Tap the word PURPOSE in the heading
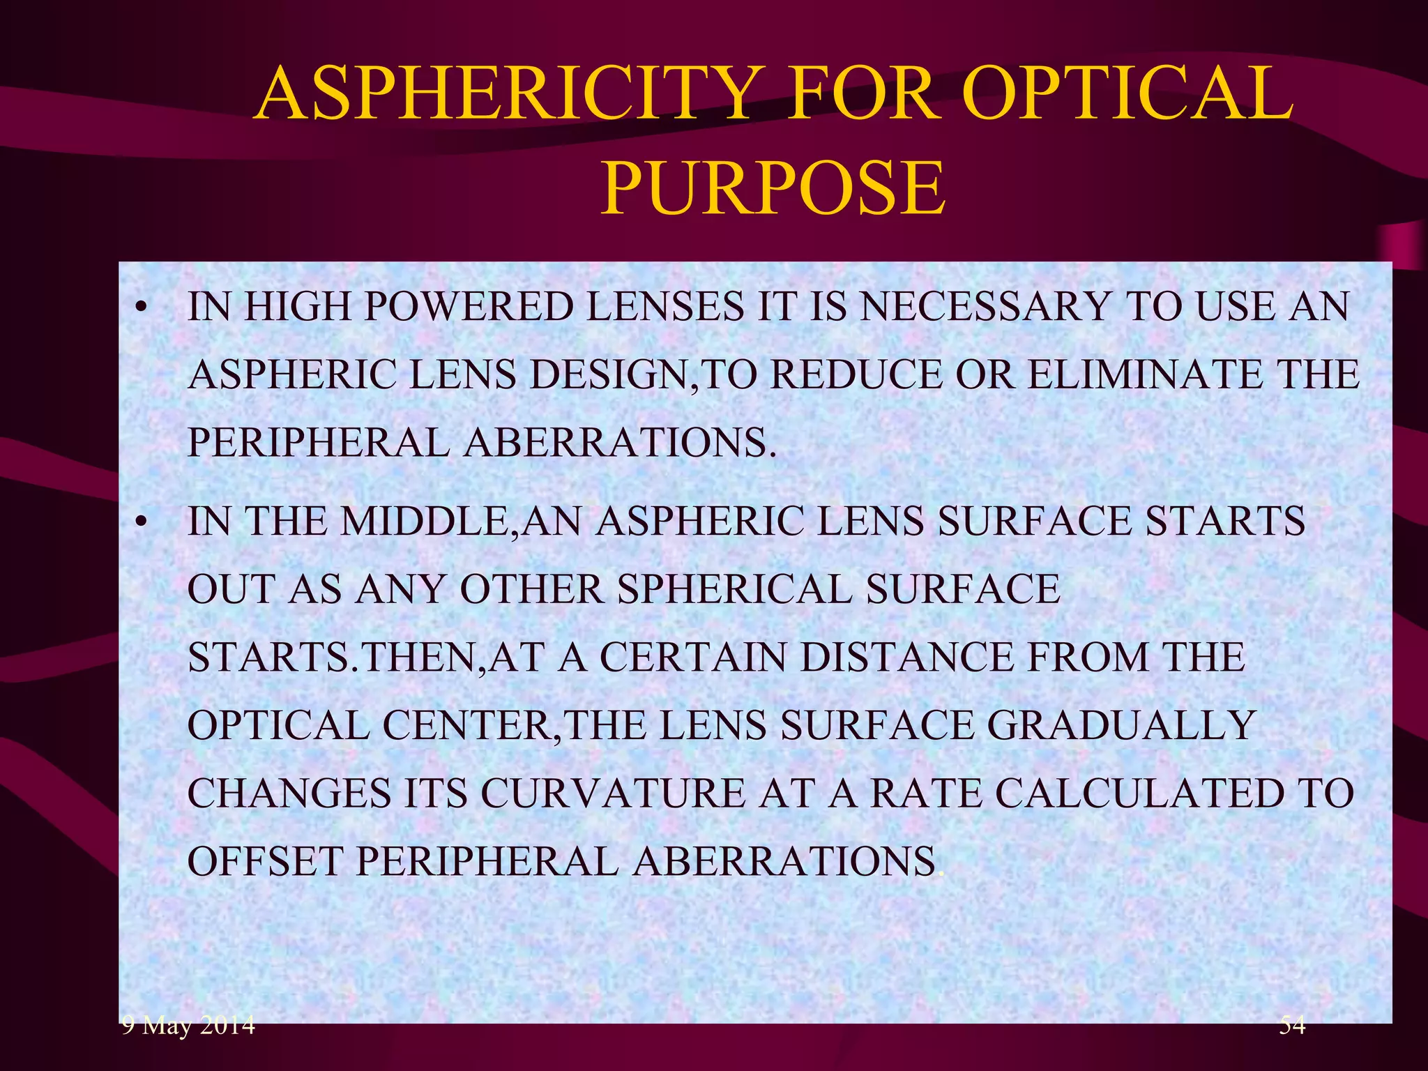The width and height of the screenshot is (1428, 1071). coord(773,188)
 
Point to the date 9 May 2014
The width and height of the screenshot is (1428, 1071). coord(188,1025)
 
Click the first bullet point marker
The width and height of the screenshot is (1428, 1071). coord(142,308)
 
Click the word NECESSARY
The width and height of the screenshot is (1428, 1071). coord(984,307)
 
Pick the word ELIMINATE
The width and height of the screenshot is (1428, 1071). coord(1144,374)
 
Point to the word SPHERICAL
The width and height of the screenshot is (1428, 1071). coord(734,589)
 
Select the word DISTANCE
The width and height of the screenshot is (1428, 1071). coord(907,657)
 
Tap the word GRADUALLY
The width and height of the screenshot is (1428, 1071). coord(1121,725)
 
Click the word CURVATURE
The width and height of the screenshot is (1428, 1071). coord(613,793)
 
